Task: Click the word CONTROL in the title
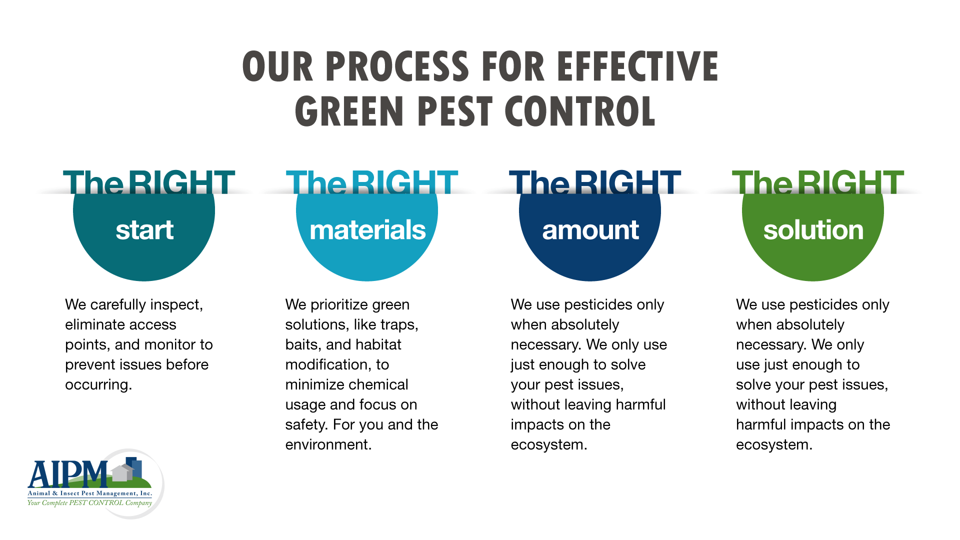580,111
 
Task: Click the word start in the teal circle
144,230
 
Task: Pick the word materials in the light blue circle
367,230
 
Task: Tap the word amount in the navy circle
590,230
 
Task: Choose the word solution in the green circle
813,230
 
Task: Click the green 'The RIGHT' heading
818,182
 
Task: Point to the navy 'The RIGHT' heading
595,182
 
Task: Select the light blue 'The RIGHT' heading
372,182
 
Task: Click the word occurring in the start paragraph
97,385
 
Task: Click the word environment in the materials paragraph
327,444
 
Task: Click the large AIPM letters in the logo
67,474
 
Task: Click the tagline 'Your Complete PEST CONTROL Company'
89,503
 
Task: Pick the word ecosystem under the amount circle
548,444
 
